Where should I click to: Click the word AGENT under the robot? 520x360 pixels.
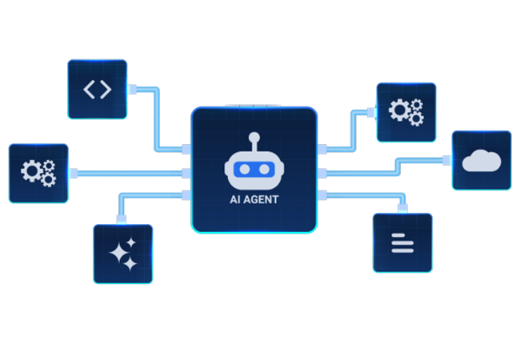pyautogui.click(x=262, y=200)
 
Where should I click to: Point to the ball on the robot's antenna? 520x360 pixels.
pyautogui.click(x=254, y=136)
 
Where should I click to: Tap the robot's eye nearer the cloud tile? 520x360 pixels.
pyautogui.click(x=264, y=170)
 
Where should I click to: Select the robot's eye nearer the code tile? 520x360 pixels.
pyautogui.click(x=243, y=170)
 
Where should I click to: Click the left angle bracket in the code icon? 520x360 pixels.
pyautogui.click(x=89, y=89)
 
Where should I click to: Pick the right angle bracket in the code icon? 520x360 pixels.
pyautogui.click(x=106, y=89)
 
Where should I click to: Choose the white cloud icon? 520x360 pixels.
pyautogui.click(x=482, y=160)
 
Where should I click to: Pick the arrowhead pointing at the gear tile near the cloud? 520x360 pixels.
pyautogui.click(x=371, y=104)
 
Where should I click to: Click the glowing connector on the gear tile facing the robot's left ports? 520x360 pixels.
pyautogui.click(x=74, y=173)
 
